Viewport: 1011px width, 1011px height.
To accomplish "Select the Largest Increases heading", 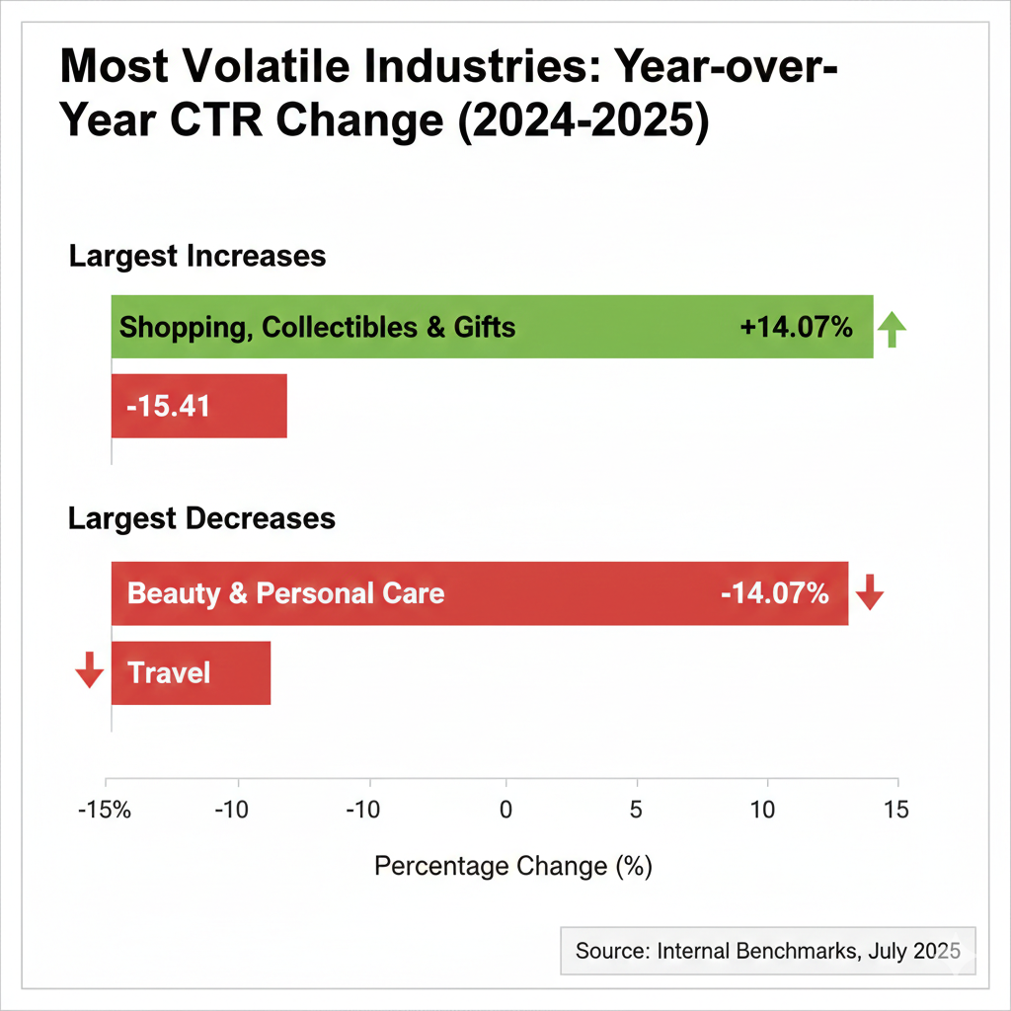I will (x=197, y=257).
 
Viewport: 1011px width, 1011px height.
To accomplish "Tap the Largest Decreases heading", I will (x=202, y=518).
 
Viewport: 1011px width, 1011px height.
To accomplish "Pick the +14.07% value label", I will (x=796, y=327).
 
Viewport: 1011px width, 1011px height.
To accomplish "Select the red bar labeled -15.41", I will (x=198, y=406).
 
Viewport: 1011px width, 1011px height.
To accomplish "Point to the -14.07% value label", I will (x=774, y=593).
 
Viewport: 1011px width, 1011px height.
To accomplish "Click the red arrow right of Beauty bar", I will (x=870, y=592).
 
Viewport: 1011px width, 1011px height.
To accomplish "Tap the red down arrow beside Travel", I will (x=89, y=670).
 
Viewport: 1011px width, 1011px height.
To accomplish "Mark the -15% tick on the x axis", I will (x=104, y=811).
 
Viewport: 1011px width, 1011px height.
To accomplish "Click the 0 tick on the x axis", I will (x=505, y=811).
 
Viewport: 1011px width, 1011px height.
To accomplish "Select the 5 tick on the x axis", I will (x=636, y=811).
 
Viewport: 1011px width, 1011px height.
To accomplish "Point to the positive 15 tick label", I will (x=895, y=811).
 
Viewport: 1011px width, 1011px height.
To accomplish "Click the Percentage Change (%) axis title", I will (x=513, y=866).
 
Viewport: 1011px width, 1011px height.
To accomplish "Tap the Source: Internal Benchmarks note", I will (x=767, y=951).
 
